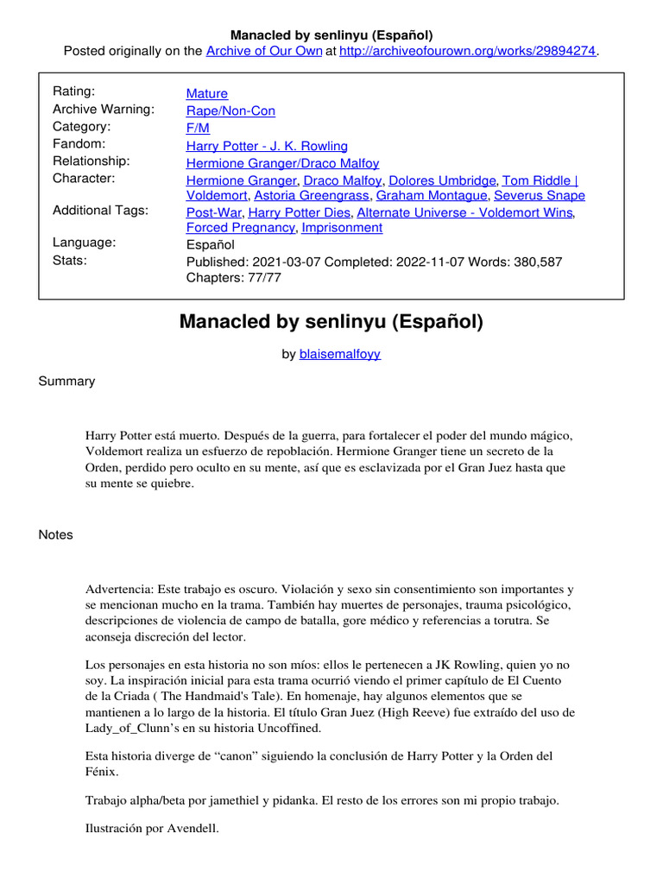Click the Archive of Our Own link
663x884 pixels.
coord(263,51)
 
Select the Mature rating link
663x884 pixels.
coord(207,93)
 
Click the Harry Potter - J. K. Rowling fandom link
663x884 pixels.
coord(267,146)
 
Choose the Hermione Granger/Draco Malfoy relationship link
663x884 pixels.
coord(282,163)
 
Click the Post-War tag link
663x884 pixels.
coord(214,212)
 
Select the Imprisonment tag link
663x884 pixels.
coord(343,228)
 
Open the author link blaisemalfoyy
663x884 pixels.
coord(340,354)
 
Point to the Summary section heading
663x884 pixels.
coord(66,381)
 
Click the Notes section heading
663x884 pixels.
coord(56,534)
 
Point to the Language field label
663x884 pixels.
coord(85,243)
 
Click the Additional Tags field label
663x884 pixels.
coord(100,211)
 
